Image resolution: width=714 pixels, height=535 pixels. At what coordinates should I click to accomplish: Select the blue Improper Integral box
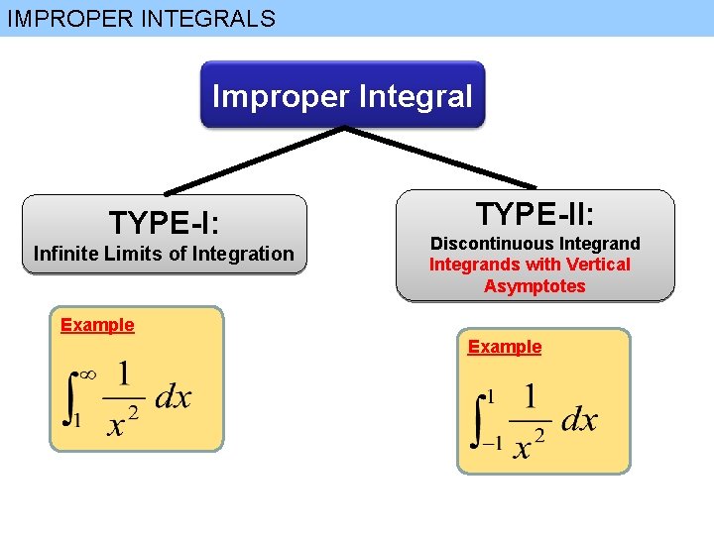tap(342, 96)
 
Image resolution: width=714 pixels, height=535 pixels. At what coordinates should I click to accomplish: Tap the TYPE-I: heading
tap(165, 222)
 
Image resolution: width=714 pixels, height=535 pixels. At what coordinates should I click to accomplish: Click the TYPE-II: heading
tap(535, 213)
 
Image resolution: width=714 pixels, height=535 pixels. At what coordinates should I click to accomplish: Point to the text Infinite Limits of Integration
tap(164, 254)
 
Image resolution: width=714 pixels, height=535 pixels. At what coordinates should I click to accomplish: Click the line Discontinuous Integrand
tap(535, 243)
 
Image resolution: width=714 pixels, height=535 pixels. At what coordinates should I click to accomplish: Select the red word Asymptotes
tap(535, 286)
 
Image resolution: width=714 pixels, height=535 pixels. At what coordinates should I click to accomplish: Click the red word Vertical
tap(599, 265)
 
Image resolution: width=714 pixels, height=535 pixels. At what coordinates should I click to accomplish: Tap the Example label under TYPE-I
tap(97, 325)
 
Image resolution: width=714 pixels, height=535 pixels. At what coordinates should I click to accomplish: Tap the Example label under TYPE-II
tap(505, 347)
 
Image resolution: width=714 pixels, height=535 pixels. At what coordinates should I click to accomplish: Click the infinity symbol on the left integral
tap(86, 374)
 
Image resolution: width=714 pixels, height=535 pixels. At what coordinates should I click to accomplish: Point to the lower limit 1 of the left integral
tap(76, 420)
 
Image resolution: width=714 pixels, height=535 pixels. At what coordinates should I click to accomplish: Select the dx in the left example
tap(173, 398)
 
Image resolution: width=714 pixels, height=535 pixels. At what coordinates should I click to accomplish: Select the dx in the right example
tap(579, 420)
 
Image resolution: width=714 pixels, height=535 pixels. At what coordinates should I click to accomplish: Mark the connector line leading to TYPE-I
tap(253, 160)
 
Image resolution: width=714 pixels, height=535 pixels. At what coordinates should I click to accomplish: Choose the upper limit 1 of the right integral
tap(488, 396)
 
